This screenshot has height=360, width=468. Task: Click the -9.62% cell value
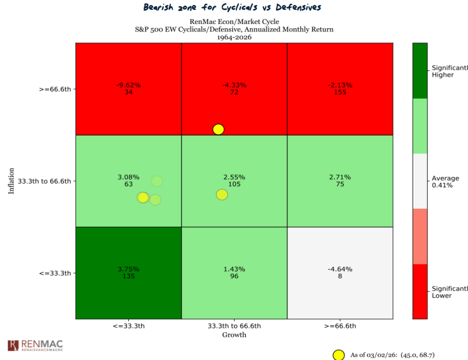128,85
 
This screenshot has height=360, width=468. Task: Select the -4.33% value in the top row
234,85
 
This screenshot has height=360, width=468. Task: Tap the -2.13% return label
340,85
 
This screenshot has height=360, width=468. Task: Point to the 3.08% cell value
128,177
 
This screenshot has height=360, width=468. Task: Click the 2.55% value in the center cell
234,177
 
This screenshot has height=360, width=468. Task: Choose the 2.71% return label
340,177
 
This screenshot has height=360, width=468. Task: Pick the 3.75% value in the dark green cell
128,269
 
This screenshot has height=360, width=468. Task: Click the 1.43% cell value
234,269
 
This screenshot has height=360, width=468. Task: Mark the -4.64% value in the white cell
340,269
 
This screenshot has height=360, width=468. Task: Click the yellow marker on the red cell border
218,129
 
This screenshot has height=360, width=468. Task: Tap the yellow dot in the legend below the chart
338,355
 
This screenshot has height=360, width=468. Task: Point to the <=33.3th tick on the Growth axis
128,326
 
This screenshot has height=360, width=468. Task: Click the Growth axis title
234,335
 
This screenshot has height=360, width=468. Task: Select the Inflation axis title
11,181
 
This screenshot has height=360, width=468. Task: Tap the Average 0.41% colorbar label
445,182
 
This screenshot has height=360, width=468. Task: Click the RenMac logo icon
13,345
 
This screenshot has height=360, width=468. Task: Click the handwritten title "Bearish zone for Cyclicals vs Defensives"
233,8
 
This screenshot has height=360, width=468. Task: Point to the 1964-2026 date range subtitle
234,37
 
